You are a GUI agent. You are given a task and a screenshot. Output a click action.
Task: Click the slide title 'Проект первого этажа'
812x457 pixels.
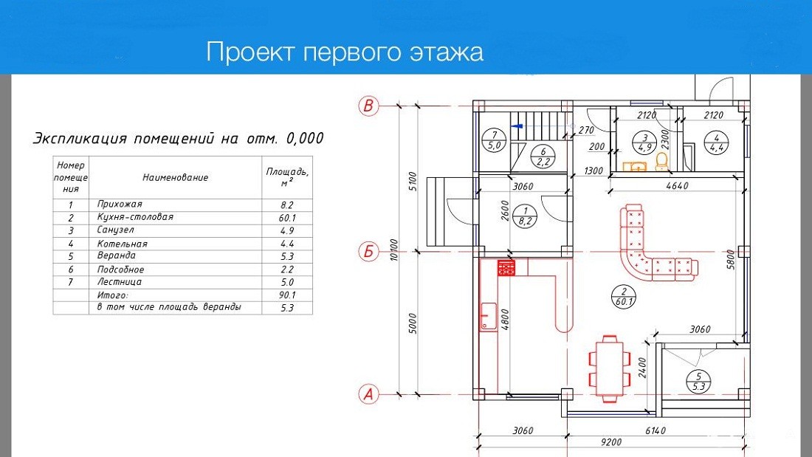(345, 52)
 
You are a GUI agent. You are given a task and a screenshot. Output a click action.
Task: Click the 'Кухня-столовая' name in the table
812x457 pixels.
(134, 217)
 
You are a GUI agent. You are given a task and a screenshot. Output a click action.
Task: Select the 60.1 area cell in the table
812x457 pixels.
(287, 218)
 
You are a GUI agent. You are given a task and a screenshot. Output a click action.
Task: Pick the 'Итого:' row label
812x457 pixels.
(112, 295)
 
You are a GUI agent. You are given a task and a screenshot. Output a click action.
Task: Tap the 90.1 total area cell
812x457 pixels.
(287, 295)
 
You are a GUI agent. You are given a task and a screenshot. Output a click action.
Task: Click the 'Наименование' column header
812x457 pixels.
(175, 177)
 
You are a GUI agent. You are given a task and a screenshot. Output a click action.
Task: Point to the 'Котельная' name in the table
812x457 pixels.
(123, 244)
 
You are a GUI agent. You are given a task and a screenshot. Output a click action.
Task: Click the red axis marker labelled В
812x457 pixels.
(368, 106)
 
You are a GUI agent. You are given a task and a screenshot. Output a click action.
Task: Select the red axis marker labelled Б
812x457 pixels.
(368, 252)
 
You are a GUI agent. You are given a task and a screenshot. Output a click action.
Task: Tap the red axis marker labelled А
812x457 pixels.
(368, 394)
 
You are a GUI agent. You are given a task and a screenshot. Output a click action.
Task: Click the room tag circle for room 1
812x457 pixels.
(525, 216)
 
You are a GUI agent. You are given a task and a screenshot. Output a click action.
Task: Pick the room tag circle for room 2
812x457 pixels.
(624, 296)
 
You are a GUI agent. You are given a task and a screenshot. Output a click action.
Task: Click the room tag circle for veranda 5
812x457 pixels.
(698, 382)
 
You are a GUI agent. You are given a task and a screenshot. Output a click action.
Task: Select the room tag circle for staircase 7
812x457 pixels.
(494, 141)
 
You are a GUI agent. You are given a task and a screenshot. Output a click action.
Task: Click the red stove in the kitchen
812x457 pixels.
(506, 268)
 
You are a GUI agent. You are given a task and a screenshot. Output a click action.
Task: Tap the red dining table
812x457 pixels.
(610, 369)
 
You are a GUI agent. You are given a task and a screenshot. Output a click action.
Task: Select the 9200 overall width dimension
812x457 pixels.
(611, 442)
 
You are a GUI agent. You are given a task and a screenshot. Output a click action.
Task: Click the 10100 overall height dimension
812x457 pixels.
(395, 250)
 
